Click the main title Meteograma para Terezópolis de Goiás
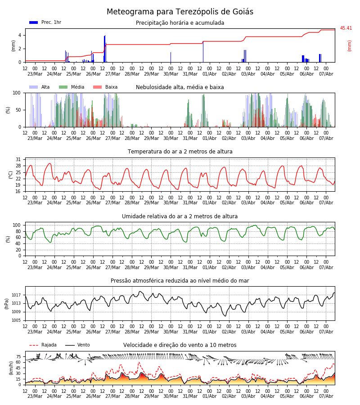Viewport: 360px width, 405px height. [x=180, y=12]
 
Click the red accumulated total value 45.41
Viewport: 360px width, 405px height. [x=346, y=28]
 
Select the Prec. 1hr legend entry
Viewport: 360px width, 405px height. [x=45, y=22]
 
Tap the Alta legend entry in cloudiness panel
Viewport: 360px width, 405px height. [x=39, y=87]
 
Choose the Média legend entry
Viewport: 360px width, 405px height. [x=72, y=87]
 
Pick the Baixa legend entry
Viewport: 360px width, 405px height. [x=105, y=87]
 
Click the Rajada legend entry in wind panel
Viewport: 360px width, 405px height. [x=43, y=345]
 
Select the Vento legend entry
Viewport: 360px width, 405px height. [x=77, y=345]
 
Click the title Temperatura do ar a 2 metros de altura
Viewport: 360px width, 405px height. [x=180, y=152]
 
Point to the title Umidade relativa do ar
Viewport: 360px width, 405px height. [x=180, y=216]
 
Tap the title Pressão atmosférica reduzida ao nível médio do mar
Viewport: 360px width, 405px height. [x=180, y=281]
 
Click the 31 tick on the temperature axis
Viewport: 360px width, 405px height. [x=18, y=160]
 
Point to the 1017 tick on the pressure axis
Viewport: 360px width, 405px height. [x=16, y=295]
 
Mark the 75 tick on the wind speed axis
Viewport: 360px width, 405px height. [x=18, y=357]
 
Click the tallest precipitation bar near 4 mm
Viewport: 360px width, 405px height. [x=105, y=49]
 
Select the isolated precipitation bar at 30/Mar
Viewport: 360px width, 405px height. [x=171, y=57]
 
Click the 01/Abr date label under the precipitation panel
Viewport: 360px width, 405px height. [x=209, y=74]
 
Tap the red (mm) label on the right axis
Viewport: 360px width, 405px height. [x=349, y=46]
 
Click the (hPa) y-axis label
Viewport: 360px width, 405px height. [x=7, y=304]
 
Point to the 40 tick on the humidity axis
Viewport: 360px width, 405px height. [x=18, y=243]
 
